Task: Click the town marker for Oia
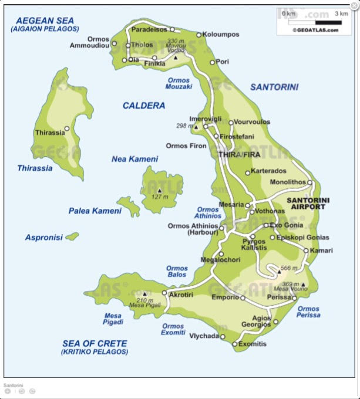point(125,59)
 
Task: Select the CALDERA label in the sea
point(144,106)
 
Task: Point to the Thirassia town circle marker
point(67,129)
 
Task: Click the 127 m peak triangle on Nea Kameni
point(159,190)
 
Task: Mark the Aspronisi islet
point(72,236)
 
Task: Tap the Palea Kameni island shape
point(128,205)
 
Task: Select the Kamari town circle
point(306,251)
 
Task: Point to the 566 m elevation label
point(290,268)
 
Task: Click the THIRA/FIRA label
point(238,154)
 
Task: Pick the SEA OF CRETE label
point(94,343)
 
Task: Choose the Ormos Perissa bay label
point(308,312)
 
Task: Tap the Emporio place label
point(225,297)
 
